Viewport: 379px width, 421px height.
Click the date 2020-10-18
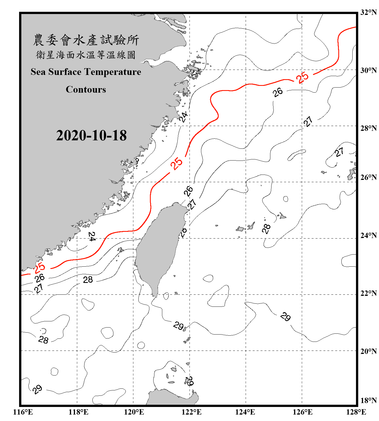click(x=91, y=136)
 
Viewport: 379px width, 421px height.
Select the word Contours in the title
click(x=86, y=90)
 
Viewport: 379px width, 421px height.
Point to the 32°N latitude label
click(x=368, y=12)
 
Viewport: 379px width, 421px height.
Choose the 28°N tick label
click(x=368, y=128)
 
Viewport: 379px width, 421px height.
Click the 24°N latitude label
click(x=368, y=235)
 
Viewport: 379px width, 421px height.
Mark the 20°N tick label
click(x=368, y=351)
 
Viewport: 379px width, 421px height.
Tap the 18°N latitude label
click(x=368, y=401)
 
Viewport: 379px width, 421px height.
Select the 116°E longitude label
click(x=23, y=412)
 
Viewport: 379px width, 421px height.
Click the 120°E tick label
click(x=134, y=412)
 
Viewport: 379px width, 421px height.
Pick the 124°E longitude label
click(x=245, y=412)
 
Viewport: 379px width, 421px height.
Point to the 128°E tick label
click(x=356, y=412)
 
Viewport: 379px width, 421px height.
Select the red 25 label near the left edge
click(x=39, y=268)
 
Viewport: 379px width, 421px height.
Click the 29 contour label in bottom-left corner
click(x=37, y=389)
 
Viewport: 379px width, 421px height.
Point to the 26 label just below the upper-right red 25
click(x=278, y=92)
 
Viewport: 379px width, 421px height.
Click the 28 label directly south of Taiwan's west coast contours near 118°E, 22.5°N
click(x=88, y=280)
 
